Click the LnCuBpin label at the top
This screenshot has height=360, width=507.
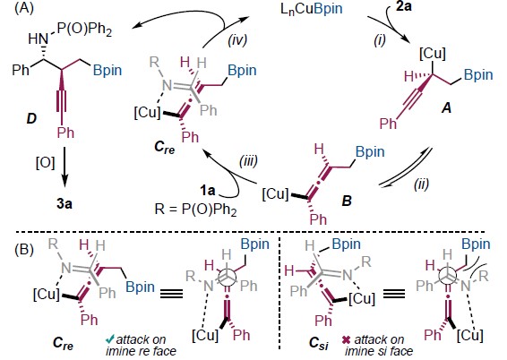tap(312, 9)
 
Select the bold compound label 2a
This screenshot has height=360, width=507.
tap(403, 6)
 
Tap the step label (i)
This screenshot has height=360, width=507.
tap(380, 40)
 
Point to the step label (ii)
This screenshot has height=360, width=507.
tap(421, 184)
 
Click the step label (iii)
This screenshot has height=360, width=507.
tap(248, 160)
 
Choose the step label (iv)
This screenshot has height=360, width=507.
tap(237, 40)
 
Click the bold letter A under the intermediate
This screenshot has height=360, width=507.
tap(446, 108)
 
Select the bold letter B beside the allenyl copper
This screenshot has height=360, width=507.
tap(347, 201)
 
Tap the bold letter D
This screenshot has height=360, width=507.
tap(31, 119)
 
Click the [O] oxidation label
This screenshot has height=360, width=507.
tap(46, 163)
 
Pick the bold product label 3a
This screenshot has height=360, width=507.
tap(64, 204)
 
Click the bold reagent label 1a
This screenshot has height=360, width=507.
tap(207, 191)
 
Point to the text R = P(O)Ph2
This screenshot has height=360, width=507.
tap(195, 210)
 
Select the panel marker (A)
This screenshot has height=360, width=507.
tap(24, 8)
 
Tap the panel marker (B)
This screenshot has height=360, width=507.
tap(24, 250)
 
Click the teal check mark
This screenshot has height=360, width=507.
tap(110, 339)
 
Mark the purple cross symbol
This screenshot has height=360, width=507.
tap(346, 340)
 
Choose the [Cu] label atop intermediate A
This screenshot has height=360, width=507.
tap(433, 54)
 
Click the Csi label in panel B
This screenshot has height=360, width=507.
tap(319, 344)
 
